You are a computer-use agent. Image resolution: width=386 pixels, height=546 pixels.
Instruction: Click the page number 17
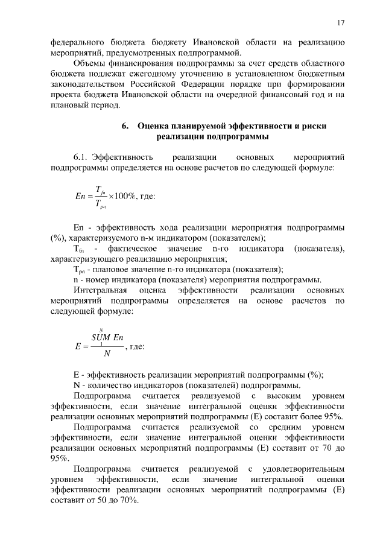tap(341, 23)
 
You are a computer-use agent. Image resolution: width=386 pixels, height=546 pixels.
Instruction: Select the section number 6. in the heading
tap(125, 127)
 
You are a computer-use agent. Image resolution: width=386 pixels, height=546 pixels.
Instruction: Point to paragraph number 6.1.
tap(81, 157)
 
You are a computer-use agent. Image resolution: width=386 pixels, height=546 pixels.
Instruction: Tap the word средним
tap(283, 427)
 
